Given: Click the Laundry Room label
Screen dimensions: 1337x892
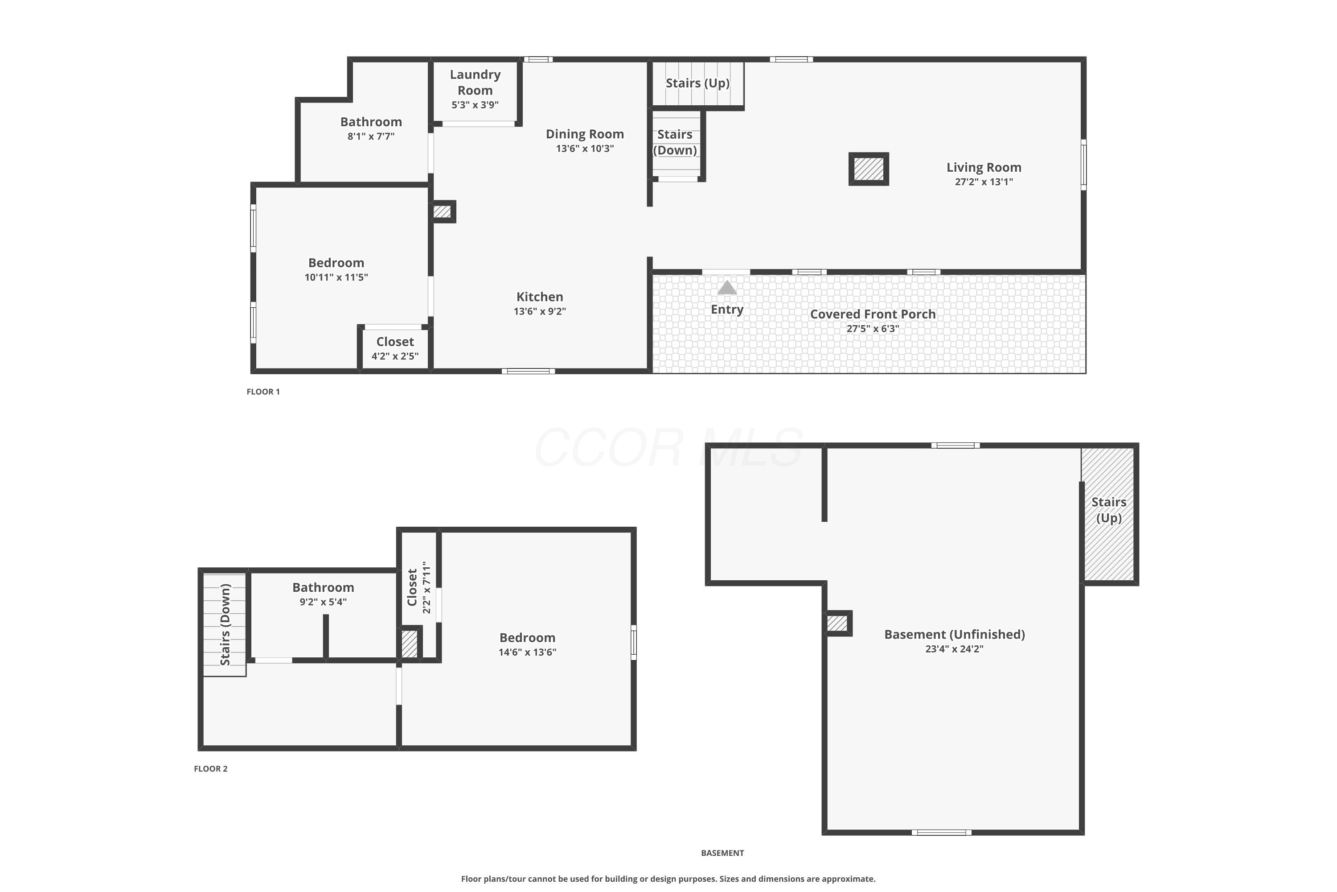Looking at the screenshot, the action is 475,83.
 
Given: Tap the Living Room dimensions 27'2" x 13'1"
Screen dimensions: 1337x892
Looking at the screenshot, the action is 984,182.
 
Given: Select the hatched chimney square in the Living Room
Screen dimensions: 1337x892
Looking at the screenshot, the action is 869,169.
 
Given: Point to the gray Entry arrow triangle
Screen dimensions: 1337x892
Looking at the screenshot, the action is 727,287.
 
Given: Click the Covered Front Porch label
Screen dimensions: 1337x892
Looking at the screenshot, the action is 873,314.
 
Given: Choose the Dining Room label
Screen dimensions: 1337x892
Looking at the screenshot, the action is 585,134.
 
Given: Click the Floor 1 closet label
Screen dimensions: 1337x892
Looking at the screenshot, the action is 395,342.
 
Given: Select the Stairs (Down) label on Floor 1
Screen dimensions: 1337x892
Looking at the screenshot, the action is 675,142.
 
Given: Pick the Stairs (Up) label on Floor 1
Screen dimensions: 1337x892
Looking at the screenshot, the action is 697,83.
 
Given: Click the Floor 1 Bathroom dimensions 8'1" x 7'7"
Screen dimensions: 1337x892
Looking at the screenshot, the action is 371,136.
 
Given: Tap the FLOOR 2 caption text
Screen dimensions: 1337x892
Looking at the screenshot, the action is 210,768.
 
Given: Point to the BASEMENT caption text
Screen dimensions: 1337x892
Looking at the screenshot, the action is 722,853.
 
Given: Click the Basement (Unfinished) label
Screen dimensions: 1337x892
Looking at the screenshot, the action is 955,634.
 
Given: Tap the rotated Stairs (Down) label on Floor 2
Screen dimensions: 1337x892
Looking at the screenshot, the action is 225,625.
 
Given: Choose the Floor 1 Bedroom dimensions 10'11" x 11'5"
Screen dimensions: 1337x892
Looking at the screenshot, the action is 336,277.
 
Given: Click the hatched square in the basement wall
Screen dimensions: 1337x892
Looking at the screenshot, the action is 837,624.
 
